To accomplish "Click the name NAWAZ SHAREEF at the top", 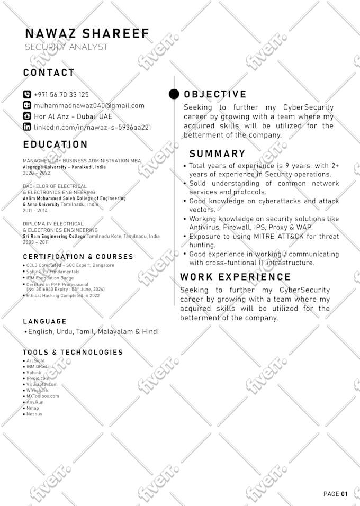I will [x=87, y=34].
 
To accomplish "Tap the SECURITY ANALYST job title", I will [x=66, y=47].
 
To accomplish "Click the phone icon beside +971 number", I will [x=27, y=95].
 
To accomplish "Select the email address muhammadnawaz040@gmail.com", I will [x=89, y=105].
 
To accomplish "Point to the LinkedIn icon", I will [x=27, y=127].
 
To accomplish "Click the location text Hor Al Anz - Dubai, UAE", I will [x=73, y=116].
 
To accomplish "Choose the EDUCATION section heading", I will [x=55, y=144].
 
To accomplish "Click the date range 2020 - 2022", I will [x=37, y=173].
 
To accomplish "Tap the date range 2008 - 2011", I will [x=35, y=242].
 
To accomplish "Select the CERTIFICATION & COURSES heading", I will [x=78, y=257].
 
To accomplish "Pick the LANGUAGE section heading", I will [x=45, y=321].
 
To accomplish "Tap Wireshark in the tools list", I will [x=37, y=391].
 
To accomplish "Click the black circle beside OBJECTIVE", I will [x=174, y=94].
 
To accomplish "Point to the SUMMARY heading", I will [x=217, y=153].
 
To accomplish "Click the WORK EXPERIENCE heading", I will [x=236, y=277].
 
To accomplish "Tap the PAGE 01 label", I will [x=335, y=494].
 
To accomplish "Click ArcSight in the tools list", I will [x=35, y=360].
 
